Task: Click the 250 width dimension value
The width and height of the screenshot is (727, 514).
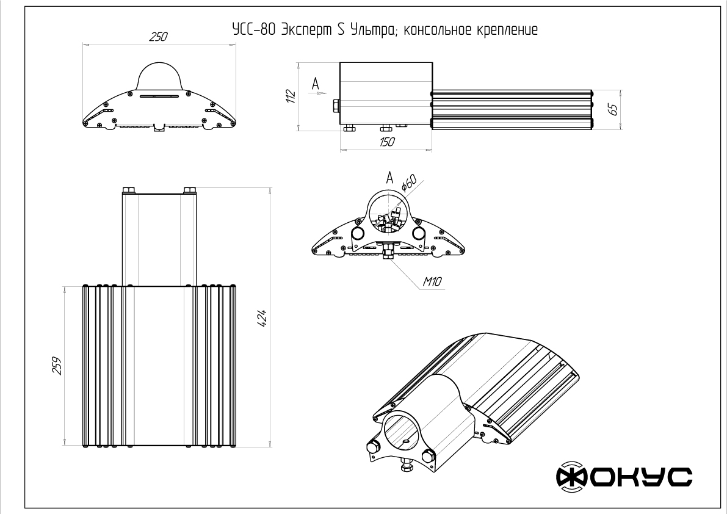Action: [x=158, y=37]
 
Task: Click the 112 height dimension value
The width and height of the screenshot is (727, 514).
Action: [x=291, y=96]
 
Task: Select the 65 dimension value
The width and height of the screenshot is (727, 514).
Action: [x=613, y=110]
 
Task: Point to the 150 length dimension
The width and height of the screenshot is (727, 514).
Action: [x=386, y=142]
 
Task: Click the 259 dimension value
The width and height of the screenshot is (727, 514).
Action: [x=59, y=366]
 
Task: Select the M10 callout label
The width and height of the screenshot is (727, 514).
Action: [x=432, y=281]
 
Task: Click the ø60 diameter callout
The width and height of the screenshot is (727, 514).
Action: [x=408, y=183]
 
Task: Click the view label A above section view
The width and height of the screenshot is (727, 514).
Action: [x=389, y=178]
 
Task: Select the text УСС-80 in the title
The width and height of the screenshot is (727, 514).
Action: [x=250, y=29]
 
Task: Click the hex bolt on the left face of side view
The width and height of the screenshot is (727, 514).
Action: [x=335, y=106]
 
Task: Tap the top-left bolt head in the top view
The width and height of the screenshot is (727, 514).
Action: [x=128, y=190]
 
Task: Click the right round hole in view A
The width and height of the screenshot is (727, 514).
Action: [x=418, y=233]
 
